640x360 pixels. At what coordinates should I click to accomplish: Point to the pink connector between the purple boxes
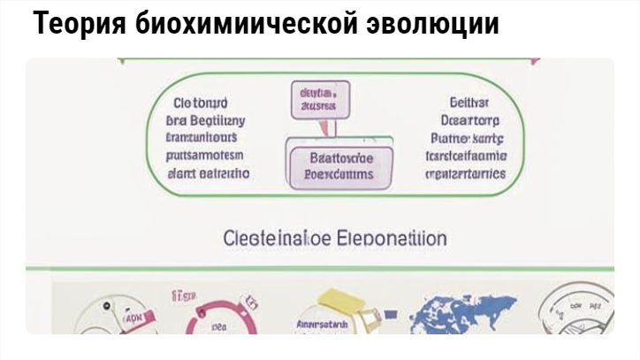(x=326, y=130)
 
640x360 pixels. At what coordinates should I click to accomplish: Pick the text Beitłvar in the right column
(x=463, y=102)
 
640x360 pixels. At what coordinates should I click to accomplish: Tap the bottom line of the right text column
(x=466, y=173)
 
